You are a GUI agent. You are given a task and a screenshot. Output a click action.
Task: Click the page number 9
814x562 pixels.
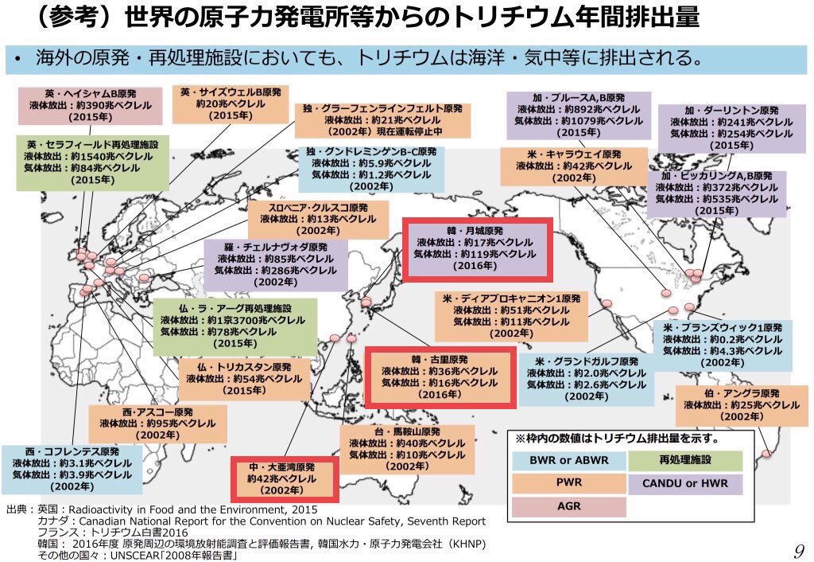pyautogui.click(x=799, y=548)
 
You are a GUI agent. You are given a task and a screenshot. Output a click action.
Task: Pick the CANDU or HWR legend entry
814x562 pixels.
pyautogui.click(x=684, y=483)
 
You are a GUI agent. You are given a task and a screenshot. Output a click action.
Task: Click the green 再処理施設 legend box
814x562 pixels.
pyautogui.click(x=684, y=461)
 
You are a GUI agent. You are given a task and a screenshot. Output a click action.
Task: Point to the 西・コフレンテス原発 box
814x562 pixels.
pyautogui.click(x=72, y=469)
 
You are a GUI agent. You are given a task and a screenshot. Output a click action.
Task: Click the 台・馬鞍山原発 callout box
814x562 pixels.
pyautogui.click(x=408, y=449)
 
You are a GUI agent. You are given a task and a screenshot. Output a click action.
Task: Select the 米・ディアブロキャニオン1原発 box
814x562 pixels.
pyautogui.click(x=511, y=315)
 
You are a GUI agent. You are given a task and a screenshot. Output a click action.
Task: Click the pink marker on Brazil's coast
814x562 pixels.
pyautogui.click(x=766, y=455)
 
